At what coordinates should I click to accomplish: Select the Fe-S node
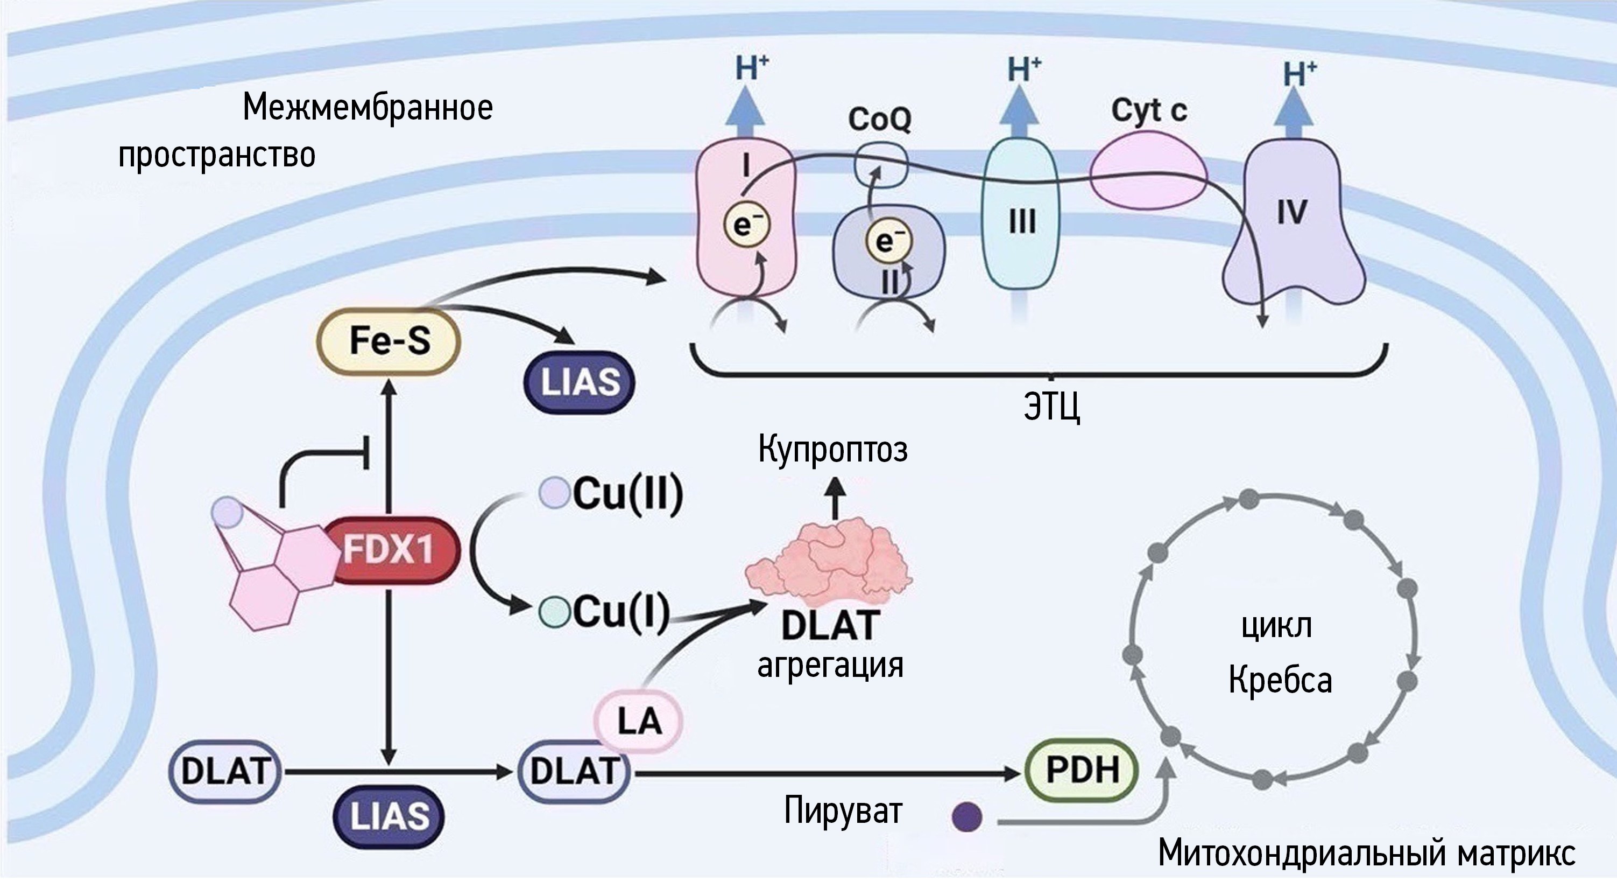[x=389, y=341]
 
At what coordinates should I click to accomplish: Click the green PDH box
[x=1082, y=770]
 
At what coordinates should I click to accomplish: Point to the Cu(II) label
[x=626, y=494]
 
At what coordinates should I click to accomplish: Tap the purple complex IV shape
[x=1292, y=220]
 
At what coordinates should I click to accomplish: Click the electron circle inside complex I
[x=743, y=224]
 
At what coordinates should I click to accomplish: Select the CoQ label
[x=879, y=118]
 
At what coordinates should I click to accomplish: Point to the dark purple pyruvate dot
[x=966, y=817]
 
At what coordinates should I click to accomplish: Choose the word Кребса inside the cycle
[x=1280, y=680]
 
